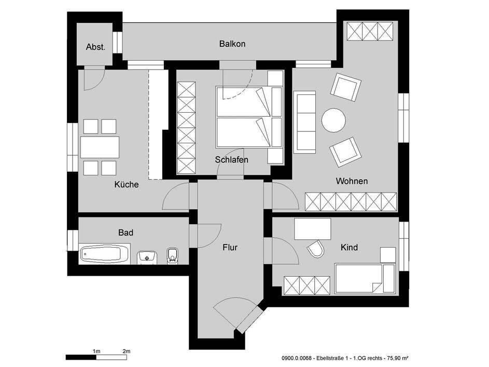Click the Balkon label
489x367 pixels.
point(232,44)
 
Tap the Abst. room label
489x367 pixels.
point(95,47)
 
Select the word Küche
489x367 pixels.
point(127,184)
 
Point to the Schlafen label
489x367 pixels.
point(232,160)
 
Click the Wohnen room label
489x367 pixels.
point(352,181)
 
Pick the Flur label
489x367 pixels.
point(230,248)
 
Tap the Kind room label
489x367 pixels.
point(349,248)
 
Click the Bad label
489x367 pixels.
point(126,233)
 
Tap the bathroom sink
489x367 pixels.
point(148,256)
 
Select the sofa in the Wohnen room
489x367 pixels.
point(305,122)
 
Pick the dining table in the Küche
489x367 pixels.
point(100,147)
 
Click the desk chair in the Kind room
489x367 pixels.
point(315,250)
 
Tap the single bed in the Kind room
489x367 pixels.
point(366,279)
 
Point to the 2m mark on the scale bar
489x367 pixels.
point(126,352)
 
